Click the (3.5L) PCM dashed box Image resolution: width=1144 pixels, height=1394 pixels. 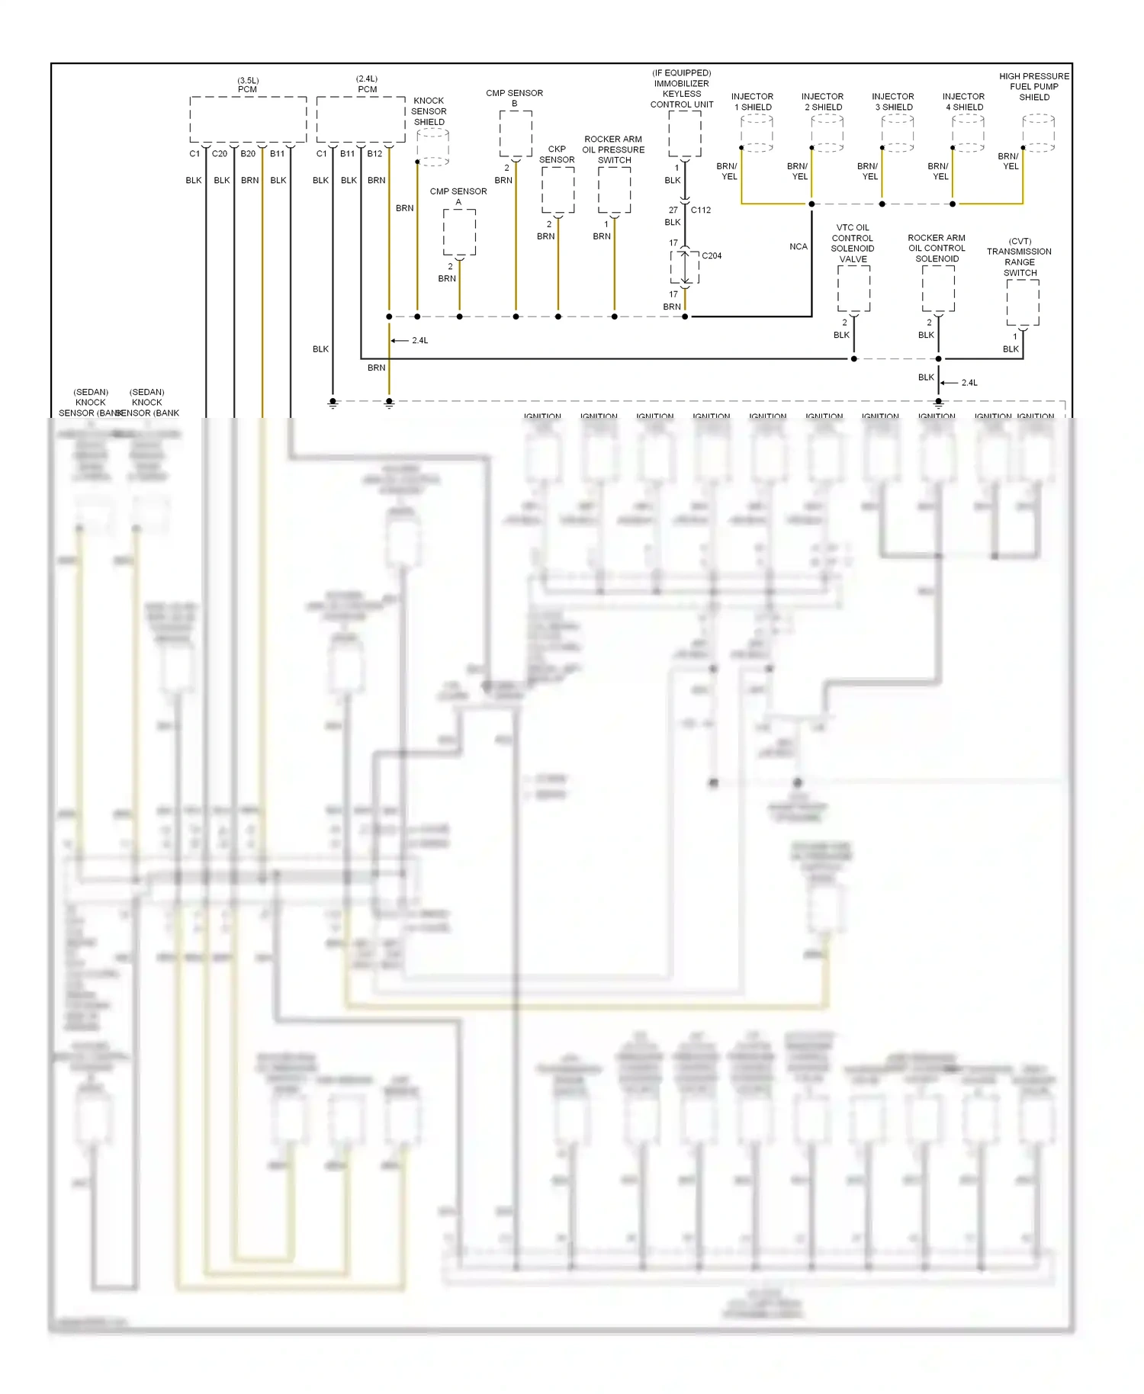[x=248, y=120]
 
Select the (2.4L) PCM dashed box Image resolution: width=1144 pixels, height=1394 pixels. [x=360, y=120]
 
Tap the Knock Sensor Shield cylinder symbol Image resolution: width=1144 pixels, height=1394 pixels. [x=432, y=146]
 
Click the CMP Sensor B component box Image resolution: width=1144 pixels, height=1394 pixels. [x=516, y=134]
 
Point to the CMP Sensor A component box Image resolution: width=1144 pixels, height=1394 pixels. [x=459, y=232]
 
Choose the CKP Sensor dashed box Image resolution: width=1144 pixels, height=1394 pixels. [x=558, y=190]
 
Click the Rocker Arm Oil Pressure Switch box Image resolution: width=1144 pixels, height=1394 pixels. [x=614, y=190]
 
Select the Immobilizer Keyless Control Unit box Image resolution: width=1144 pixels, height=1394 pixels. [x=684, y=134]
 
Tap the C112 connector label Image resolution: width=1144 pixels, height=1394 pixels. [x=701, y=210]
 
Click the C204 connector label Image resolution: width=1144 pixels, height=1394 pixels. [x=712, y=255]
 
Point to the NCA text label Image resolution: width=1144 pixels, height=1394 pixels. [x=798, y=246]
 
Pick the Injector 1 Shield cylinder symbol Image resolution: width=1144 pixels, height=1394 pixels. [x=757, y=133]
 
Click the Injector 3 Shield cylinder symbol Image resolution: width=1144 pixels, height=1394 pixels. [x=898, y=133]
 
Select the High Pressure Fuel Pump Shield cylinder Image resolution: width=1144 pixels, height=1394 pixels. [x=1038, y=133]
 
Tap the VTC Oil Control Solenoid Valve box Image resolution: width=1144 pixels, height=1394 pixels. [x=853, y=288]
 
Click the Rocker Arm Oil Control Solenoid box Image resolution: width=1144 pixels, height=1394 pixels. [x=938, y=288]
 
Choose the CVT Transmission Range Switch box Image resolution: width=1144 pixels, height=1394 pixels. [x=1022, y=303]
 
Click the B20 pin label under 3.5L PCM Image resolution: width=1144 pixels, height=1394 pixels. [x=248, y=153]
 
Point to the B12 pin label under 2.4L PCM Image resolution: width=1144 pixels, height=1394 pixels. [x=374, y=153]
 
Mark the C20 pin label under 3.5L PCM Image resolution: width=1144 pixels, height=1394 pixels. [x=220, y=153]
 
